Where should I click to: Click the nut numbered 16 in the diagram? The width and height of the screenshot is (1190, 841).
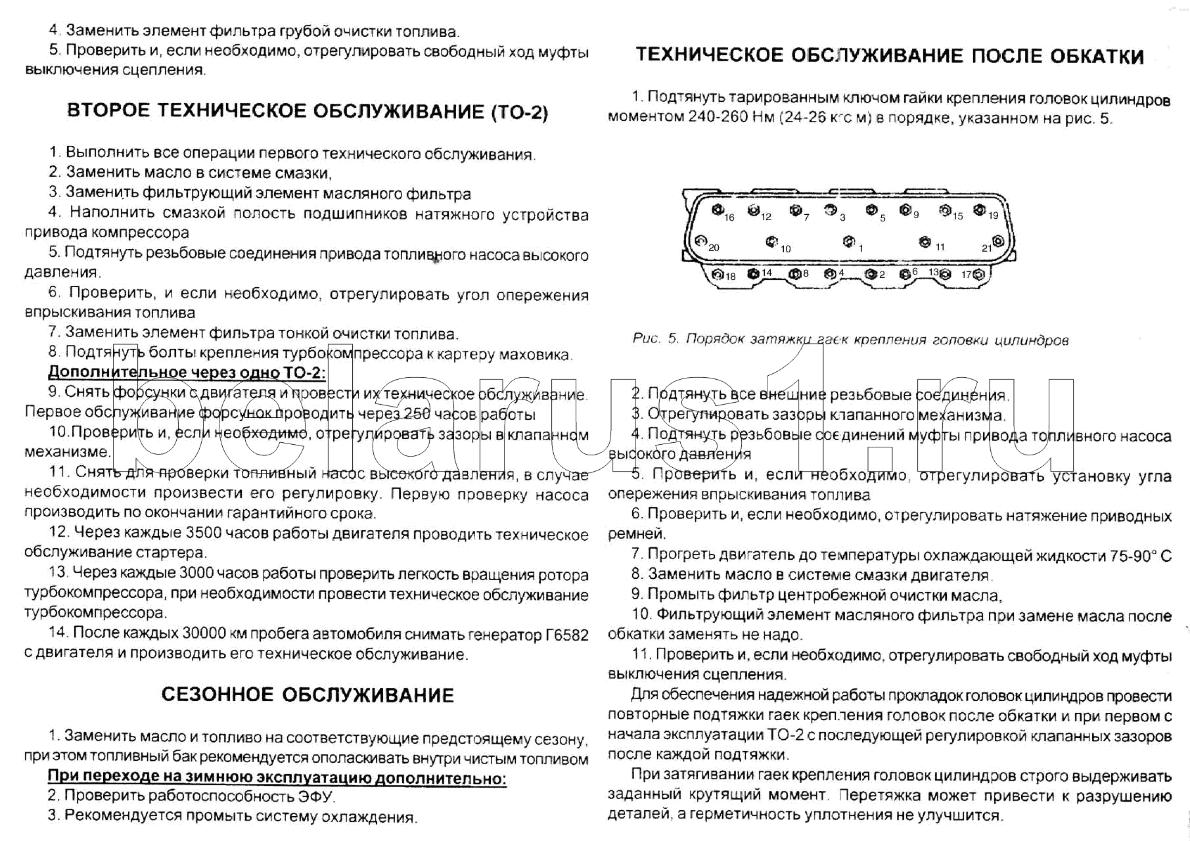click(718, 210)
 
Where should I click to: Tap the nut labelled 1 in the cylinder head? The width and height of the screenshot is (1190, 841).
click(849, 242)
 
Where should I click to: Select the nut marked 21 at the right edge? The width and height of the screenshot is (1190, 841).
click(998, 241)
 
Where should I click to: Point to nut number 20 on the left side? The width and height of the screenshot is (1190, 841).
click(701, 241)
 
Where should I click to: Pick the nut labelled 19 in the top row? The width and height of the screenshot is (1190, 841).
click(979, 210)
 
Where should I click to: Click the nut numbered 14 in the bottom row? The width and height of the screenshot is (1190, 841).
click(753, 274)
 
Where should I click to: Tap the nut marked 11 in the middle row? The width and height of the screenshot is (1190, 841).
click(925, 242)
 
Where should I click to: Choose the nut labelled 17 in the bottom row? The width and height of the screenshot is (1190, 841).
click(978, 275)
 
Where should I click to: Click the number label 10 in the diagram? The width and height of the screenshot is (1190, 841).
click(786, 249)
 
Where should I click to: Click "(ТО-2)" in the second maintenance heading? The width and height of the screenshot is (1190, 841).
click(519, 112)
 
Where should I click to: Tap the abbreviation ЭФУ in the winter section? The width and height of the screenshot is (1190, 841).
click(316, 796)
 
